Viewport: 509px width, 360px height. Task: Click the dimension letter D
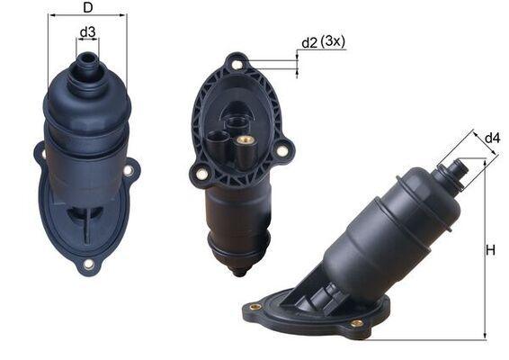coord(86,8)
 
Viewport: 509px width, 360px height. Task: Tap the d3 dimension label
coord(87,33)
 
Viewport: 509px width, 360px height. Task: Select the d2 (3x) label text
coord(323,42)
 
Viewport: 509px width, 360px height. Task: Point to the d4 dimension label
coord(492,138)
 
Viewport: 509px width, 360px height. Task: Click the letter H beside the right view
coord(491,250)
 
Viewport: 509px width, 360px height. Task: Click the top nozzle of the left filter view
coord(88,62)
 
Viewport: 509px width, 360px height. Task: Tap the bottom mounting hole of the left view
coord(88,265)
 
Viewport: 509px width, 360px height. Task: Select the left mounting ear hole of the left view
coord(40,155)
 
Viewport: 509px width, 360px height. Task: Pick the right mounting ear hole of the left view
coord(129,169)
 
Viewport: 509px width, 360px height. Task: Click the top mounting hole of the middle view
coord(237,63)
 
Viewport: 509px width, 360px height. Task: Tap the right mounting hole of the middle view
coord(281,150)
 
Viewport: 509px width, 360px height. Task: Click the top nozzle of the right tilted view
coord(459,167)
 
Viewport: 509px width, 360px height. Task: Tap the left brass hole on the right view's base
coord(254,307)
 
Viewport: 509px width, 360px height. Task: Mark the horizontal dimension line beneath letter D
coord(87,15)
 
